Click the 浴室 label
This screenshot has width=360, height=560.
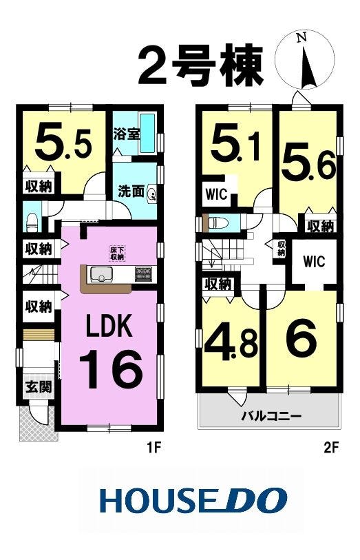click(x=126, y=134)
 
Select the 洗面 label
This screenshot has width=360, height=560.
click(x=131, y=191)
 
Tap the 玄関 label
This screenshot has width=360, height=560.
click(x=38, y=386)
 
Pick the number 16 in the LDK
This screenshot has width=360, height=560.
click(x=111, y=369)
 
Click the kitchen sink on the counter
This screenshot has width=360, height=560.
click(x=101, y=274)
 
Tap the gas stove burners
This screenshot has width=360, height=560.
click(x=143, y=273)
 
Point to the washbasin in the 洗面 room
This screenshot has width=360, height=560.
click(x=151, y=194)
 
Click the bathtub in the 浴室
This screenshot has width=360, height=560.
click(x=147, y=133)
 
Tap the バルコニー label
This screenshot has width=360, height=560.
click(x=271, y=416)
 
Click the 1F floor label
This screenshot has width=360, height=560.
click(x=154, y=447)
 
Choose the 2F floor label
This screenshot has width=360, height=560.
click(x=330, y=447)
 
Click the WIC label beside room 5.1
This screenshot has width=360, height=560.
click(x=216, y=194)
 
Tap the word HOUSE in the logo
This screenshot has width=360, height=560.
click(x=153, y=500)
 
